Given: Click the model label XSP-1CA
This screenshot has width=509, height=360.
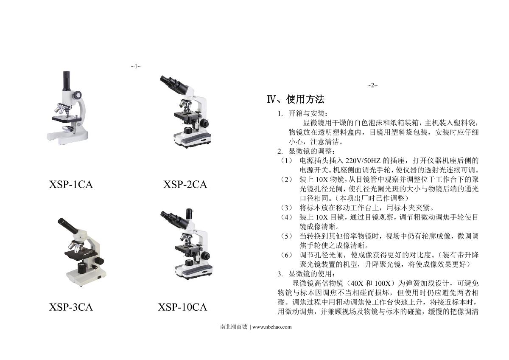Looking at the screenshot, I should [71, 185].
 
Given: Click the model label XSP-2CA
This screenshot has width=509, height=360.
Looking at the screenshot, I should [185, 185].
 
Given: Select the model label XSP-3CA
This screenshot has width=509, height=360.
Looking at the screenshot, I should [71, 307].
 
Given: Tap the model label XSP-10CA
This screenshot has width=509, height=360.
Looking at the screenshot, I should [182, 307].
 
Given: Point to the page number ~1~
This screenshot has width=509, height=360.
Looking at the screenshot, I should [136, 66].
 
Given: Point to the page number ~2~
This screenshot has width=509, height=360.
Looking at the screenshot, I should [372, 85].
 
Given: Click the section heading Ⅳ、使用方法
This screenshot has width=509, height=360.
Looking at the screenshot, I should [296, 99].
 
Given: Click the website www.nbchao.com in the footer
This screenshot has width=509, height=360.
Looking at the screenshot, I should [272, 327].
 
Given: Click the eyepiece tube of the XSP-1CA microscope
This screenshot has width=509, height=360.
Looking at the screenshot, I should [66, 81].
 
